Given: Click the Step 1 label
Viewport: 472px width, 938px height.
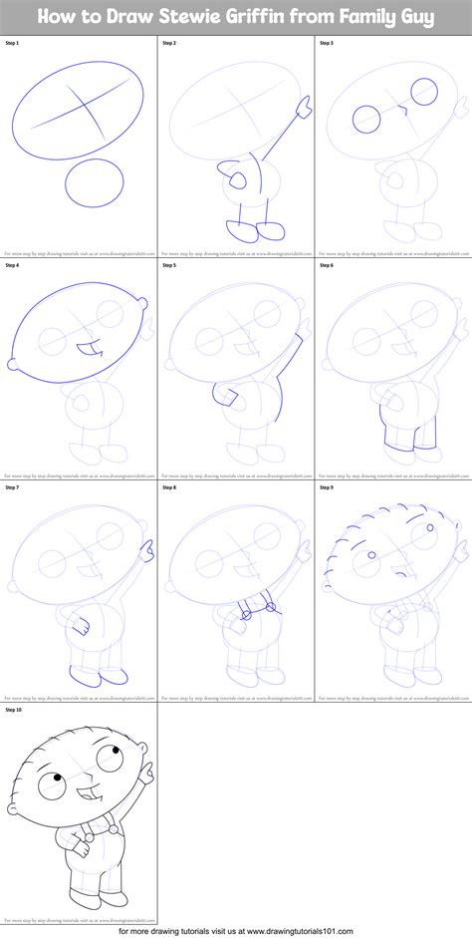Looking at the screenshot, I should [x=12, y=44].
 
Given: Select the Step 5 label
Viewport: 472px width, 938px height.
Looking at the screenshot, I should [x=168, y=265].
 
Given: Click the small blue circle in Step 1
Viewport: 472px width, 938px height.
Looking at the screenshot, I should [x=96, y=183].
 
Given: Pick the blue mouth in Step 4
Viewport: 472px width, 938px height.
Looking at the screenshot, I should [x=89, y=349].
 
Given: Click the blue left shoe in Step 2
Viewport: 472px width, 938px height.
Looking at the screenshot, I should [x=240, y=232].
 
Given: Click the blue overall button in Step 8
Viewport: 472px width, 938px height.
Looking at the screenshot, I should [x=243, y=615].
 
